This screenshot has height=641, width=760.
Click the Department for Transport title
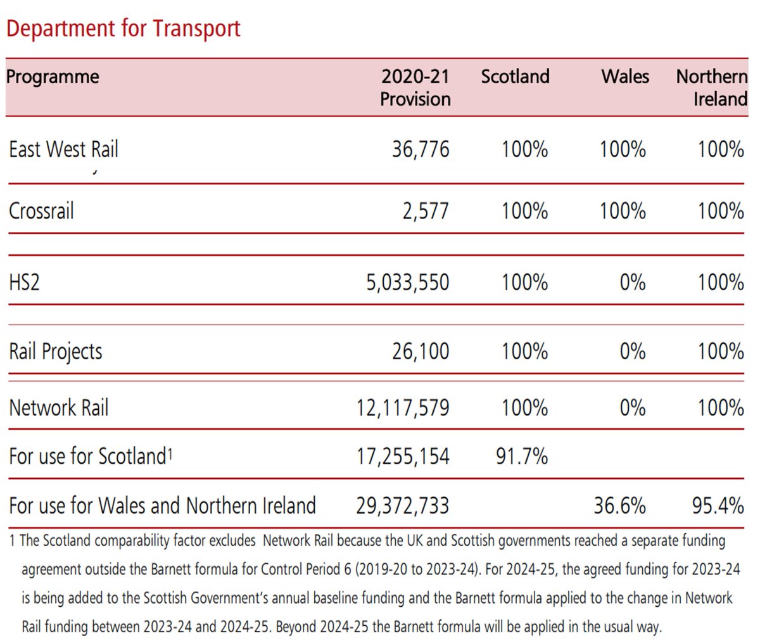pyautogui.click(x=123, y=29)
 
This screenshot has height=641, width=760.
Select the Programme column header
pyautogui.click(x=53, y=77)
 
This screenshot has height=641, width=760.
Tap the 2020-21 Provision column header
pyautogui.click(x=415, y=87)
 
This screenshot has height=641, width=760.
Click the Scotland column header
pyautogui.click(x=515, y=77)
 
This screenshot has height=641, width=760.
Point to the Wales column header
pyautogui.click(x=625, y=77)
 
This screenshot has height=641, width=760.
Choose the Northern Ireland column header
pyautogui.click(x=711, y=87)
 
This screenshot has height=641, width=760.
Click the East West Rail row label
pyautogui.click(x=63, y=149)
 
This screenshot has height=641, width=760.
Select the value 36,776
pyautogui.click(x=421, y=149)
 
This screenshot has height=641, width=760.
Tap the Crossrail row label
pyautogui.click(x=41, y=211)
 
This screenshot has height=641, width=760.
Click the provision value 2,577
pyautogui.click(x=425, y=211)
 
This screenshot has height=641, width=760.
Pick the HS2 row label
pyautogui.click(x=24, y=282)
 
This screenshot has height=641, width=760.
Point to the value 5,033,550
pyautogui.click(x=407, y=282)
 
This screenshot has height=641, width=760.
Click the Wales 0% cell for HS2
pyautogui.click(x=632, y=282)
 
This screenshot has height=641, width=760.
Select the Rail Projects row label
pyautogui.click(x=56, y=352)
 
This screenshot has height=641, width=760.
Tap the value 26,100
pyautogui.click(x=421, y=352)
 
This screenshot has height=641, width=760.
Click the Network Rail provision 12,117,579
pyautogui.click(x=403, y=407)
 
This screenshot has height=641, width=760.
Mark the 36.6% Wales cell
pyautogui.click(x=619, y=505)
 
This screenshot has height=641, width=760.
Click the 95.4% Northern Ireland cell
pyautogui.click(x=718, y=505)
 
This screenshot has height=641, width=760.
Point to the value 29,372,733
pyautogui.click(x=403, y=505)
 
